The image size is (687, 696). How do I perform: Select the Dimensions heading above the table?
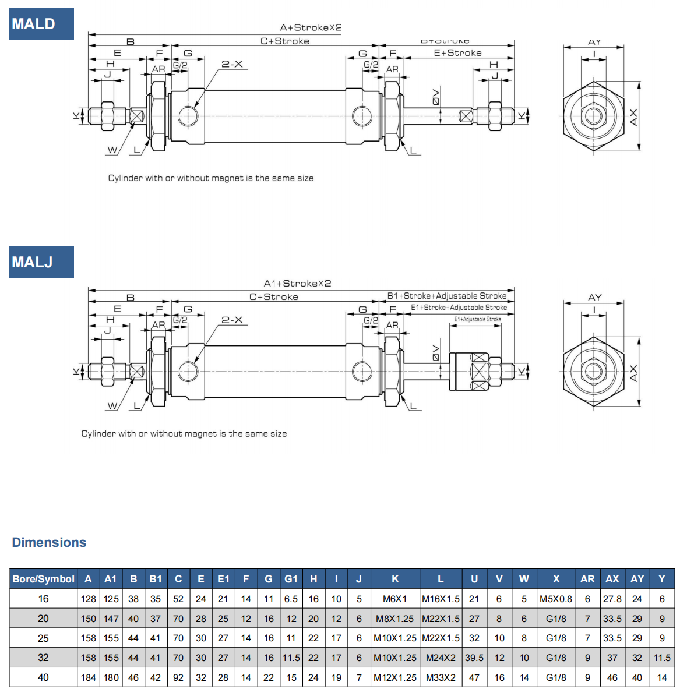click(x=49, y=542)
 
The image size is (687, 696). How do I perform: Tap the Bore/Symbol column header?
click(x=44, y=579)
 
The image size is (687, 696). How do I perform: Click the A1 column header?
click(x=111, y=579)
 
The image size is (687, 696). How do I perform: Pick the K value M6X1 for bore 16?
click(x=395, y=599)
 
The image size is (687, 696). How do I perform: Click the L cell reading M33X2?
click(x=441, y=677)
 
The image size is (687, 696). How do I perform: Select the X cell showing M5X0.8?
click(x=556, y=599)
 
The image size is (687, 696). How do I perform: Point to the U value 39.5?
click(x=474, y=658)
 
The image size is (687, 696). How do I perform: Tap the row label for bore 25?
click(x=44, y=638)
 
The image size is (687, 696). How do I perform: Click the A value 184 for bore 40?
click(x=89, y=677)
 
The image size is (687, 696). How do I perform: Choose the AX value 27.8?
click(x=612, y=599)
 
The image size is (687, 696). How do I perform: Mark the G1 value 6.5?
click(x=291, y=599)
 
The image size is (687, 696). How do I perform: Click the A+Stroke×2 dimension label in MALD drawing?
click(x=311, y=27)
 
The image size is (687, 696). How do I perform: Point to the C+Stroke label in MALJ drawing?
click(x=274, y=297)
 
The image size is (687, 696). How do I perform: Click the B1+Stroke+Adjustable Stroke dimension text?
click(x=447, y=296)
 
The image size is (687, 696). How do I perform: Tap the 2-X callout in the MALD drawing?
click(x=232, y=64)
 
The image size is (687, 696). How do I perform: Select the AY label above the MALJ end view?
click(x=594, y=298)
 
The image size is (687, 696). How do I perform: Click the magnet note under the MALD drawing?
click(x=210, y=178)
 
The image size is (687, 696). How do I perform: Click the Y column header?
click(x=662, y=579)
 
